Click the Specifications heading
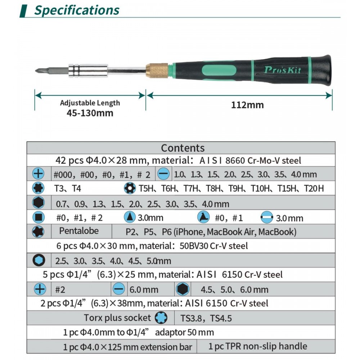click(x=76, y=10)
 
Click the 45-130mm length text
click(x=90, y=113)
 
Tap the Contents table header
click(x=182, y=148)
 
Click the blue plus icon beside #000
click(x=38, y=174)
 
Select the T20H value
click(x=314, y=188)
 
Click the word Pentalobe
click(x=79, y=231)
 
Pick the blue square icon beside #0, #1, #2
click(x=38, y=217)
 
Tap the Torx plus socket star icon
click(x=161, y=318)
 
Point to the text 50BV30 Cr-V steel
click(x=213, y=246)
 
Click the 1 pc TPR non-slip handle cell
click(x=257, y=346)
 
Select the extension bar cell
click(x=127, y=347)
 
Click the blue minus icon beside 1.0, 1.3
click(x=163, y=174)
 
